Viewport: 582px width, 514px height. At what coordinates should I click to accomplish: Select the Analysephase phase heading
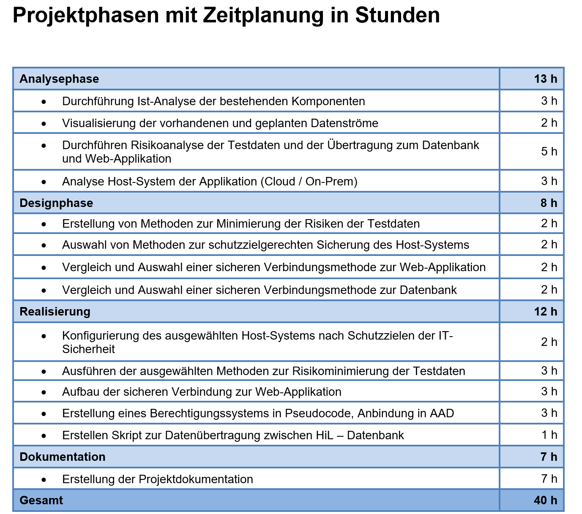point(59,79)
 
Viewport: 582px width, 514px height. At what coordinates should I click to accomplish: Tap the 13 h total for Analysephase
point(545,79)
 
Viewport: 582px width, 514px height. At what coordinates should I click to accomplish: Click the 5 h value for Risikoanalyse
point(549,152)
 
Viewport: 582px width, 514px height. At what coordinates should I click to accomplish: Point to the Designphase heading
point(56,203)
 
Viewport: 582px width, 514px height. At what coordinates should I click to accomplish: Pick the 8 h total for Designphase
point(549,203)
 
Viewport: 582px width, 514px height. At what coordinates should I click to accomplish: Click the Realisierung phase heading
point(55,312)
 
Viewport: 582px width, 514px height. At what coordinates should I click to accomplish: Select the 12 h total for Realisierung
point(545,312)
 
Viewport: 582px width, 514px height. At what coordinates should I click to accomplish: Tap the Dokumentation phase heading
point(63,457)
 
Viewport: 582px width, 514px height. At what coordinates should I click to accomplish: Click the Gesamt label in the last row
point(41,500)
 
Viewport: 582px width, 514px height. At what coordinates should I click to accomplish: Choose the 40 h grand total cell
point(545,500)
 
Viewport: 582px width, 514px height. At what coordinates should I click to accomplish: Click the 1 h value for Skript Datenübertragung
point(549,435)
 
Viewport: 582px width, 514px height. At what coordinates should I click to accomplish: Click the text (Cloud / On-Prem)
point(309,182)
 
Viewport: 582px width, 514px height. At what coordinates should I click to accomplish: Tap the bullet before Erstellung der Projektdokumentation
point(44,480)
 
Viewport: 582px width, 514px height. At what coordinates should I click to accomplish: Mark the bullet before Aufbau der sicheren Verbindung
point(44,392)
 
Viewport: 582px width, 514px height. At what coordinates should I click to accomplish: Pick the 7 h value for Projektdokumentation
point(549,479)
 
